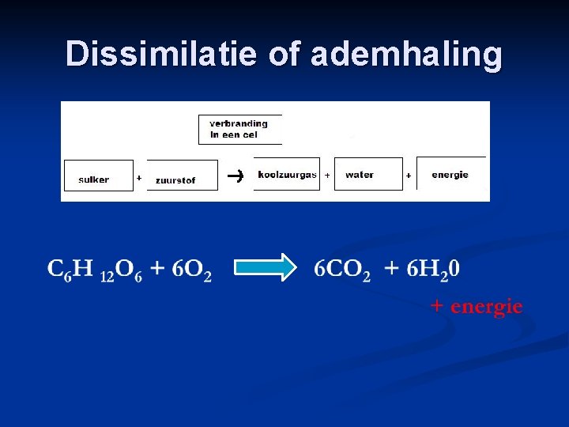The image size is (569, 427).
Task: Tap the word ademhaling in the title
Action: click(406, 54)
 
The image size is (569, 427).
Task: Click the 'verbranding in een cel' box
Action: click(239, 130)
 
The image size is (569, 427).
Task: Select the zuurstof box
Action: click(181, 176)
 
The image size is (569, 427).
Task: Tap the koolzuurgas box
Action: click(287, 175)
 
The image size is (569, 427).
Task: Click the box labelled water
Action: click(367, 175)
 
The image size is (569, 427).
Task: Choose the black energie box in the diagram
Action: click(450, 174)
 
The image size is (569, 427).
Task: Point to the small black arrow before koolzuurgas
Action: click(234, 175)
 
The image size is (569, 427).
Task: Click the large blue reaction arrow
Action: click(264, 267)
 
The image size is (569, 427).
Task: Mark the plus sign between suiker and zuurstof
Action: click(139, 178)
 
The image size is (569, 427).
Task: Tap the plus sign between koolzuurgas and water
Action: click(327, 175)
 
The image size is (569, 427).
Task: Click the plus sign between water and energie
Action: click(409, 175)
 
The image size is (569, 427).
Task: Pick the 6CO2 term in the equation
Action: click(342, 270)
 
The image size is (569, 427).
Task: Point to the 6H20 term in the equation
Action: click(433, 270)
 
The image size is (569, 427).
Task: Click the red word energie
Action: click(487, 306)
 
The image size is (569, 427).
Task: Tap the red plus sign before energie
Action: click(437, 304)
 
